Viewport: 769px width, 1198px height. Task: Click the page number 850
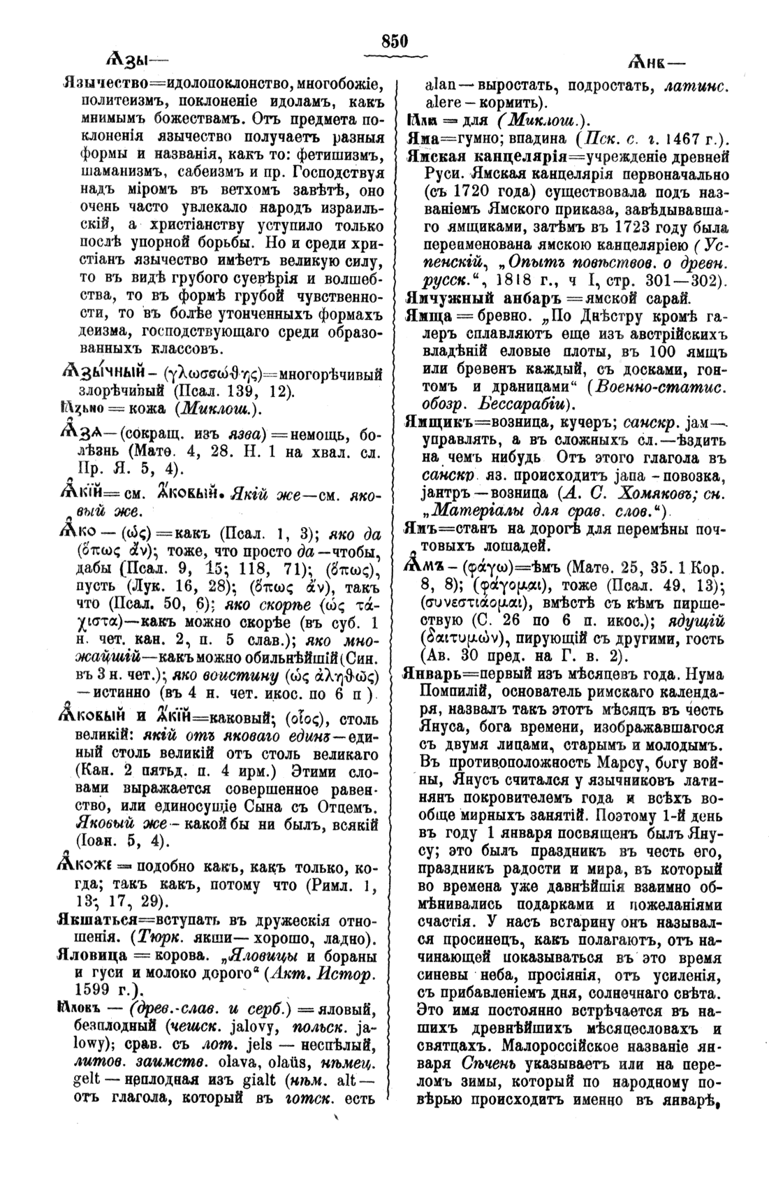pos(394,41)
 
